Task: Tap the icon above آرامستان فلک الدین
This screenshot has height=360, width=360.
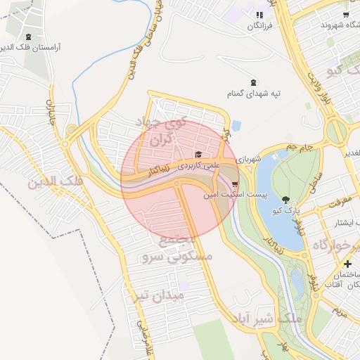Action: pyautogui.click(x=27, y=37)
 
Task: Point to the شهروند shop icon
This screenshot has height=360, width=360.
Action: pyautogui.click(x=346, y=14)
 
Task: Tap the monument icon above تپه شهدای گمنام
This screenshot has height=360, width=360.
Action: pyautogui.click(x=253, y=81)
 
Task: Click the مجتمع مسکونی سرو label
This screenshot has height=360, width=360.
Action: pyautogui.click(x=177, y=249)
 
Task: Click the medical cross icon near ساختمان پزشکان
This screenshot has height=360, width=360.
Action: pyautogui.click(x=347, y=264)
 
